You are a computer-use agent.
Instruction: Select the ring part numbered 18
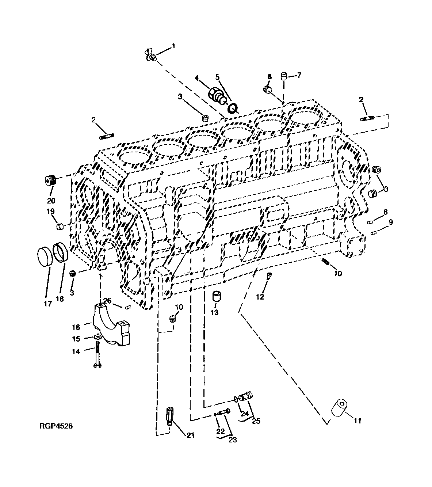(61, 252)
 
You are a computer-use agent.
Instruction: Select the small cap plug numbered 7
(283, 77)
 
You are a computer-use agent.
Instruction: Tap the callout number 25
(256, 421)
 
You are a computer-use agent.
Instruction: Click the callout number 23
(233, 440)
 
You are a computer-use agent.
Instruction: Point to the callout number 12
(260, 297)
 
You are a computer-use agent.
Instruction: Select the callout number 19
(50, 212)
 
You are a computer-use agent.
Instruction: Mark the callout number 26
(107, 300)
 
